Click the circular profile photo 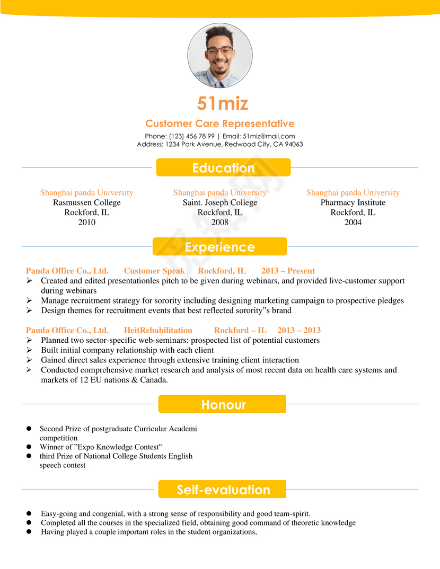[219, 55]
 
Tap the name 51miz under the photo [223, 103]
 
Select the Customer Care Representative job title [219, 123]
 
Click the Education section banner [223, 168]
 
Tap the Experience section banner [219, 247]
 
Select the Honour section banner [223, 405]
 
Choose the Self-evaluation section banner [223, 490]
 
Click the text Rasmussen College [87, 202]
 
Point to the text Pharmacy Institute [353, 202]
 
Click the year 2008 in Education [219, 223]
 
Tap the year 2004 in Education [353, 223]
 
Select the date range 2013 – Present [288, 271]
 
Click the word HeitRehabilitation [158, 330]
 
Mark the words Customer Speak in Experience [154, 271]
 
